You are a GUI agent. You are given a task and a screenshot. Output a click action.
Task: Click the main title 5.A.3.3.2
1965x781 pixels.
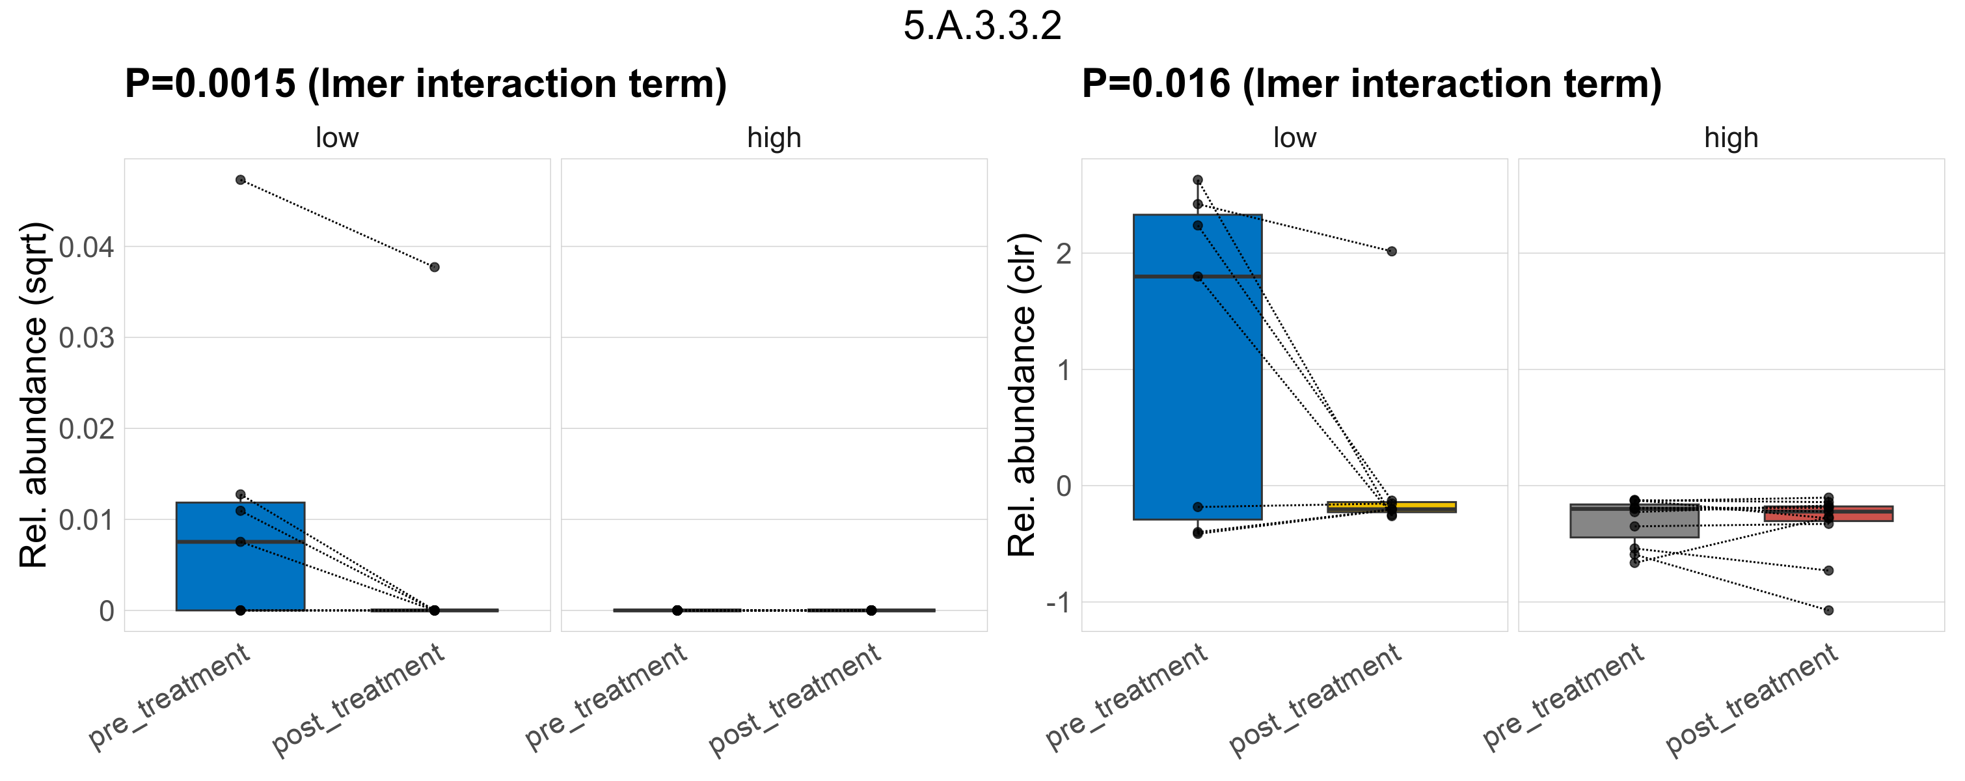tap(982, 27)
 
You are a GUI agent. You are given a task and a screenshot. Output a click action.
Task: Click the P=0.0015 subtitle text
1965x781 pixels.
tap(426, 84)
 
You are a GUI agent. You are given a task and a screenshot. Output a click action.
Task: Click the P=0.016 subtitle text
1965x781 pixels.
tap(1372, 84)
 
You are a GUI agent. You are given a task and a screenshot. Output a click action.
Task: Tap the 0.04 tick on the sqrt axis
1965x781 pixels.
tap(86, 247)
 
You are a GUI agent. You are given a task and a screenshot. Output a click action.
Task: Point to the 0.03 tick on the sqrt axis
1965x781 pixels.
tap(86, 338)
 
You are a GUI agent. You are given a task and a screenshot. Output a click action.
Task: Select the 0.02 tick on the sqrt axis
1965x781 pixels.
tap(86, 429)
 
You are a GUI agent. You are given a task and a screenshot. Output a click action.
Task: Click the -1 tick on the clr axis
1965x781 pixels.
tap(1059, 603)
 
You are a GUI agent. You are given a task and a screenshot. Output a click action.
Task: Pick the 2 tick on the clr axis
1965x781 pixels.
tap(1063, 253)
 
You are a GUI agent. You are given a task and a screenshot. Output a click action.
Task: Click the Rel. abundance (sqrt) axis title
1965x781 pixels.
tap(34, 395)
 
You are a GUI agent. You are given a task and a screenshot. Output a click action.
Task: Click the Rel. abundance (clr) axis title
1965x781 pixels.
tap(1022, 395)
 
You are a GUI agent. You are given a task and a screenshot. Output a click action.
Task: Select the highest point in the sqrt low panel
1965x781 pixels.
tap(240, 180)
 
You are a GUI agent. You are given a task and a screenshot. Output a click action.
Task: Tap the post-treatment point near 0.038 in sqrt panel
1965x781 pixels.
tap(434, 267)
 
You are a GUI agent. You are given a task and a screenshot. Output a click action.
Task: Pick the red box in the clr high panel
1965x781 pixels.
tap(1828, 514)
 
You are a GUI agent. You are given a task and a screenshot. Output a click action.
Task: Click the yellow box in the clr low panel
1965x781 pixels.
tap(1391, 506)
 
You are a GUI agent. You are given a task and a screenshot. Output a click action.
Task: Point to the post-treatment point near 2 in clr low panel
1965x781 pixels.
tap(1391, 251)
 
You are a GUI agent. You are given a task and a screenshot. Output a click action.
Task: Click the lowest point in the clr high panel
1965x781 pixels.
tap(1828, 610)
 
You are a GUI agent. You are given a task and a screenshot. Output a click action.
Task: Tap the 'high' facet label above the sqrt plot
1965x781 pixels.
tap(774, 138)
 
